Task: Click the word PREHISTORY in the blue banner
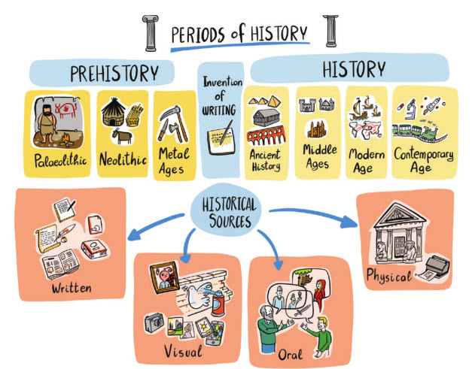[114, 74]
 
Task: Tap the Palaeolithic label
[59, 160]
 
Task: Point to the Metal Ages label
[175, 159]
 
